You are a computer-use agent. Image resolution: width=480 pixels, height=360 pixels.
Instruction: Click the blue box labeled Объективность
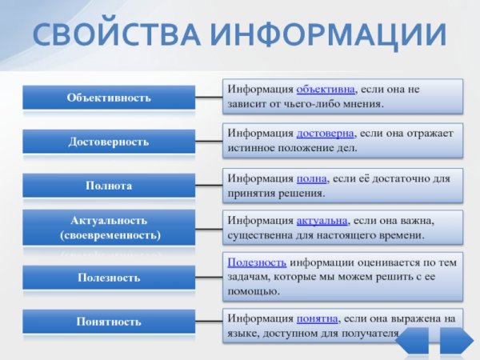tap(108, 98)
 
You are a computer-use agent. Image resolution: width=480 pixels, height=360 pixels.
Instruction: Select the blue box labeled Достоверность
tap(108, 142)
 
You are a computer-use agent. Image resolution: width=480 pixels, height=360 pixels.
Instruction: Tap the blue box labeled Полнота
tap(108, 186)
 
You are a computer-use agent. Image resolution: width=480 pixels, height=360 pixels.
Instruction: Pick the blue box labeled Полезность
tap(108, 278)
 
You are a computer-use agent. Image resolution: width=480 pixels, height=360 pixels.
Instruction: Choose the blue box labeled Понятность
tap(108, 322)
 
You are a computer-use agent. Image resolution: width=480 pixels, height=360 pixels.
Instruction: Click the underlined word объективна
tap(326, 89)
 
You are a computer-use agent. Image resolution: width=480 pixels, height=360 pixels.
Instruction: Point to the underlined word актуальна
tap(325, 221)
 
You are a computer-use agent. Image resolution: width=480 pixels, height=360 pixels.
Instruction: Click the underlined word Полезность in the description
tap(257, 261)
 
